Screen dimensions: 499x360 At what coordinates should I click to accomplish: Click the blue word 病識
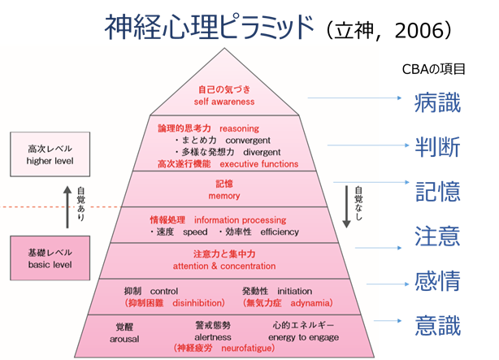tap(437, 104)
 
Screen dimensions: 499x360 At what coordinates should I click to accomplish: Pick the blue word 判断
tap(437, 148)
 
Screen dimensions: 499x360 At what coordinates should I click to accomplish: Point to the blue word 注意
tap(437, 236)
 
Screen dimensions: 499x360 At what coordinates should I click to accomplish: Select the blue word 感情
tap(437, 282)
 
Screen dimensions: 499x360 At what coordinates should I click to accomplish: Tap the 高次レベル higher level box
tap(50, 154)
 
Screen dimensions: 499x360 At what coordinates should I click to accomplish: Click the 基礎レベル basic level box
tap(50, 259)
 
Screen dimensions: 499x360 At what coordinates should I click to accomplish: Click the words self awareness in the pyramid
tap(224, 102)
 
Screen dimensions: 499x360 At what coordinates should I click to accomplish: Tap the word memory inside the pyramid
tap(225, 196)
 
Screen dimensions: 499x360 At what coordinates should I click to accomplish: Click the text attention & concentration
tap(225, 266)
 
